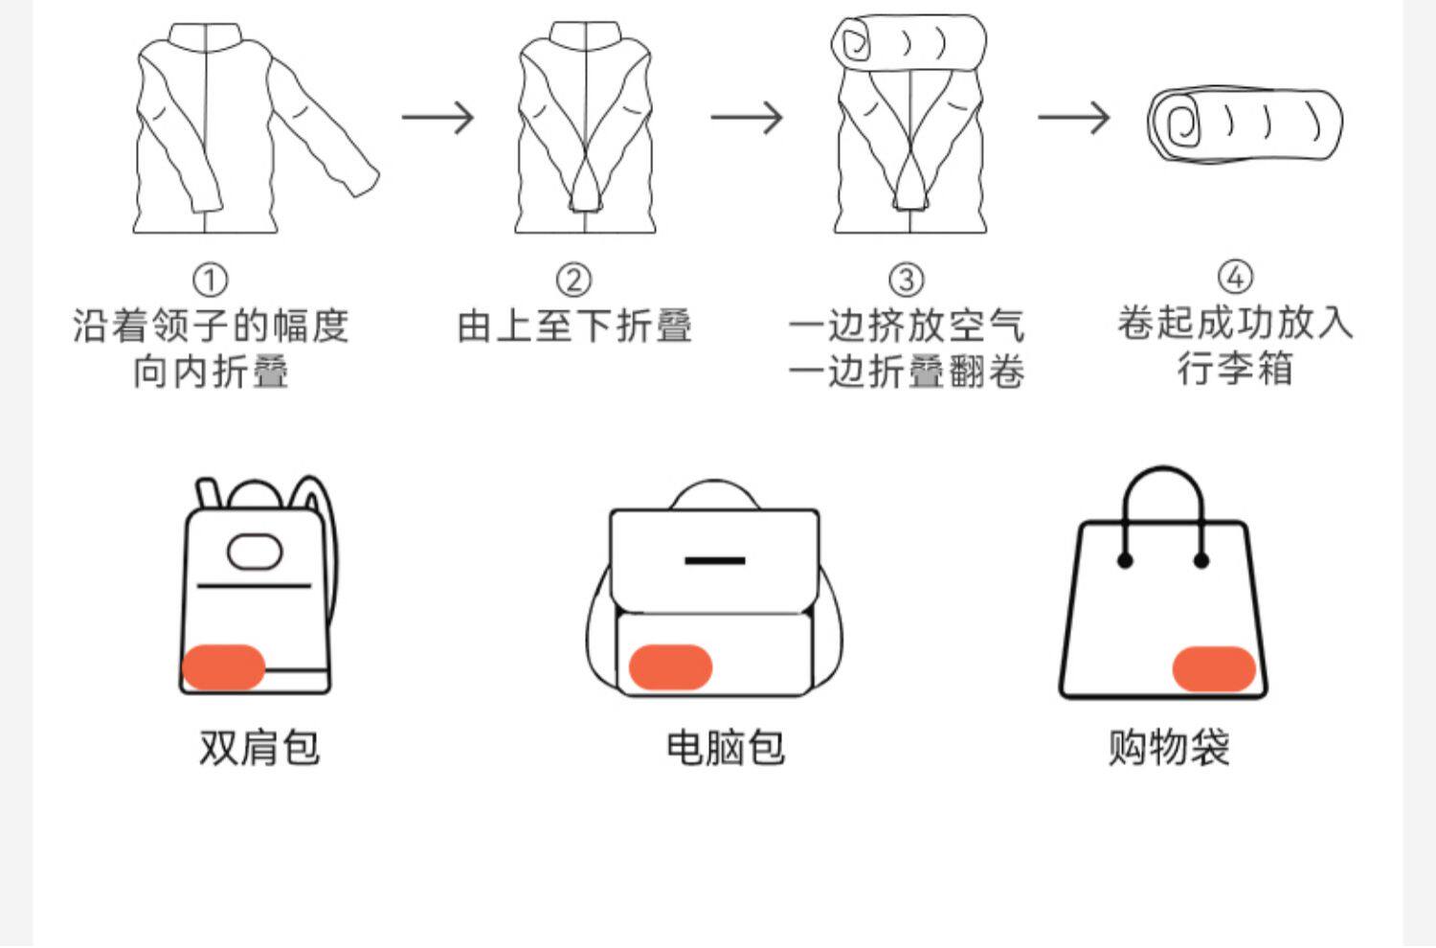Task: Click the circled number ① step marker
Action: tap(211, 281)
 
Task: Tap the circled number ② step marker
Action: tap(573, 281)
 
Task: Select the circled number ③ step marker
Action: tap(906, 281)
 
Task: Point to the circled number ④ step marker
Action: tap(1235, 277)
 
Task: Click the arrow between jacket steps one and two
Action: tap(438, 118)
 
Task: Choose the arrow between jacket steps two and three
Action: tap(747, 118)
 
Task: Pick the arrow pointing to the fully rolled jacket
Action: tap(1074, 118)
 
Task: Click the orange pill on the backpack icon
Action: tap(223, 667)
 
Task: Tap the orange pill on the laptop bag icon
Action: tap(670, 667)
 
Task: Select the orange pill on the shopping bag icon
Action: tap(1214, 668)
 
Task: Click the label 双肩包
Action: tap(258, 747)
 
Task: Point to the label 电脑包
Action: tap(725, 747)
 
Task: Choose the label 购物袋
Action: tap(1168, 747)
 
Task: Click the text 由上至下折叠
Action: tap(573, 326)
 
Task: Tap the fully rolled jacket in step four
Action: tap(1245, 124)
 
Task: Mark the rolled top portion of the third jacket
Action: tap(908, 42)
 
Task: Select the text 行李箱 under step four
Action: tap(1235, 368)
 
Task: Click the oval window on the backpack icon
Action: tap(255, 551)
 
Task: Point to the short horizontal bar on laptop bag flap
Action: tap(714, 559)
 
